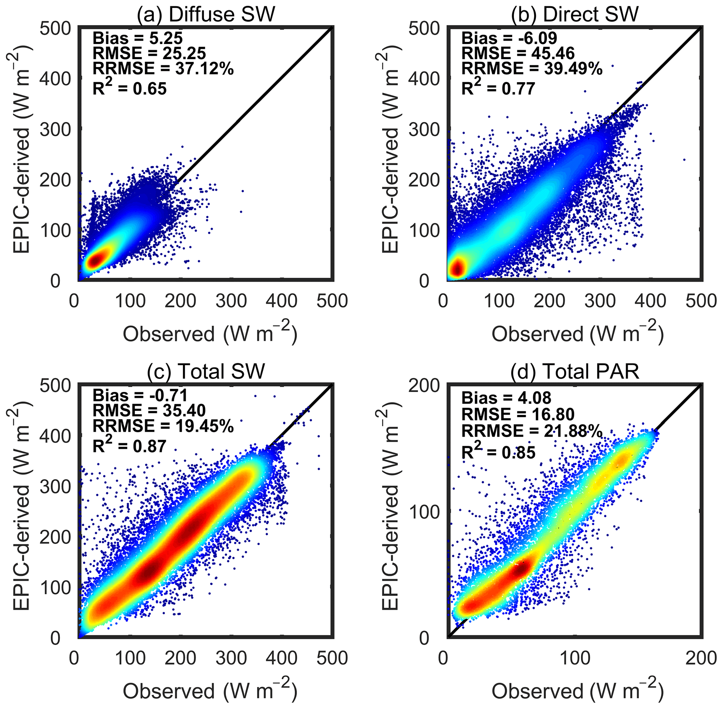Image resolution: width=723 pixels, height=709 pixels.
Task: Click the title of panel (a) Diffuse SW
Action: point(206,14)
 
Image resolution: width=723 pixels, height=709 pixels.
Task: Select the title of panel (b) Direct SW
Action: point(575,14)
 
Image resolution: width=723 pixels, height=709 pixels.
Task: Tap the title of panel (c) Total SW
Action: point(206,371)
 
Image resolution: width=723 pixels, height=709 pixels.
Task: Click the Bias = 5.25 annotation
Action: point(137,38)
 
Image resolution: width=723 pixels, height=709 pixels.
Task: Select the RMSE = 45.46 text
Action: point(518,53)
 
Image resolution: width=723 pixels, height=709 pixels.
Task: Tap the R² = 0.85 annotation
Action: point(498,452)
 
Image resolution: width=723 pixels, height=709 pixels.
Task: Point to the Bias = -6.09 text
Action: point(509,38)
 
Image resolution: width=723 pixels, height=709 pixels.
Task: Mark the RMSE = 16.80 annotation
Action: point(518,414)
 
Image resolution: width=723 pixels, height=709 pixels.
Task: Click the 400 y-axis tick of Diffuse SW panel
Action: point(55,79)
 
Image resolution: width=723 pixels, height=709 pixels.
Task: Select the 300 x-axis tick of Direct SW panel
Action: point(600,301)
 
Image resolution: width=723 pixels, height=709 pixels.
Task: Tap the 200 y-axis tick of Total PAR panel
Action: point(424,386)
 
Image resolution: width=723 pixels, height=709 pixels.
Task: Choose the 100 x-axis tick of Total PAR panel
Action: point(575,658)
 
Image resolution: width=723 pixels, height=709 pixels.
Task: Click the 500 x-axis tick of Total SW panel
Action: point(332,658)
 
